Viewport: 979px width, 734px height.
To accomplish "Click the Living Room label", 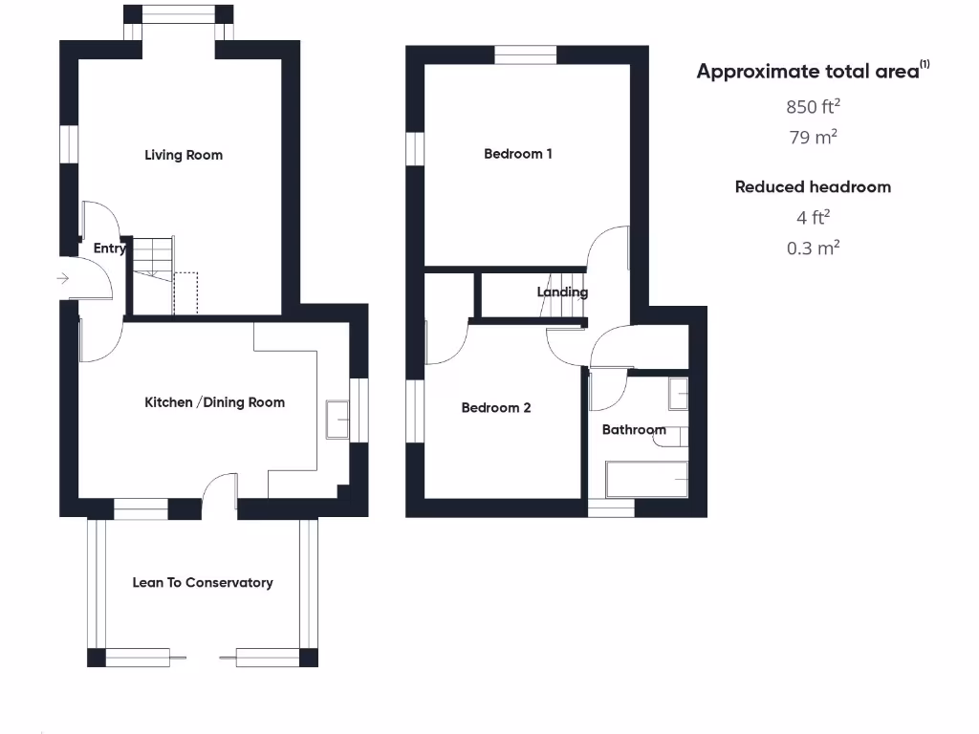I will point(184,155).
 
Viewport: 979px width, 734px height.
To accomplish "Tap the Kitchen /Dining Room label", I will point(214,402).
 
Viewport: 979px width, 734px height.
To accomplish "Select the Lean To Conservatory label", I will point(203,582).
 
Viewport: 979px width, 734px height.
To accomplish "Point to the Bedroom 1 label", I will point(518,153).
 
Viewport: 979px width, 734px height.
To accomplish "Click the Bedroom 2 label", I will point(496,408).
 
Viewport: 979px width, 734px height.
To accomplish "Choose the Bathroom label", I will point(634,430).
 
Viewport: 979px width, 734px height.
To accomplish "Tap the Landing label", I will point(562,291).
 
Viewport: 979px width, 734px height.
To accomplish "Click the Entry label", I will point(110,248).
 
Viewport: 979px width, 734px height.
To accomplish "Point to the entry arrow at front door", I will point(63,278).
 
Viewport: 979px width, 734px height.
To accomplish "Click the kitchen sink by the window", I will point(337,420).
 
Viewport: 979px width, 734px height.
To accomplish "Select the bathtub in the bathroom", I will point(647,479).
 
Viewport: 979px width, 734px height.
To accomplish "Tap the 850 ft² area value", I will point(814,106).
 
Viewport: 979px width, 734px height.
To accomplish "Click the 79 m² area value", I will point(814,137).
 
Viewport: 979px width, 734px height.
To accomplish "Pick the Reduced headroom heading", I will point(813,186).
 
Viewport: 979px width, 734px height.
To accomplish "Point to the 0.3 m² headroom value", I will point(814,248).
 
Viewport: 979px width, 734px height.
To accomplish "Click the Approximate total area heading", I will point(813,71).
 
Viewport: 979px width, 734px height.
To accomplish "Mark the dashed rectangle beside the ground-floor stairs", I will point(185,292).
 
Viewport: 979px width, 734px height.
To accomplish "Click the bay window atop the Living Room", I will point(180,15).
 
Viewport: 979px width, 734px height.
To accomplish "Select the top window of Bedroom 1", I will point(526,55).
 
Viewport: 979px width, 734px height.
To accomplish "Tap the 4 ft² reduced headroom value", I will point(814,216).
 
